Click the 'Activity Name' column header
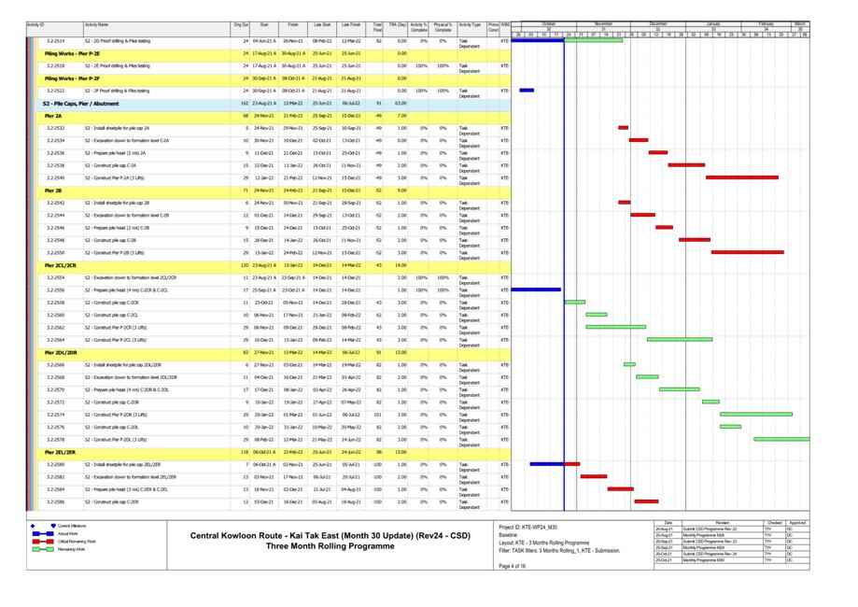coord(96,25)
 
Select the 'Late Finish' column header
coord(351,25)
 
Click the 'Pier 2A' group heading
coord(53,116)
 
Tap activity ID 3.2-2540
coord(55,177)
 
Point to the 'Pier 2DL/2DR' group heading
coord(61,352)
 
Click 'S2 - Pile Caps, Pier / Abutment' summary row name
coord(80,104)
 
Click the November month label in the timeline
coord(604,24)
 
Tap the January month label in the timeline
coord(713,24)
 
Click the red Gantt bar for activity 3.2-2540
coord(741,177)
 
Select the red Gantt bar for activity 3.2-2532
coord(623,128)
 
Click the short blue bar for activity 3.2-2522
coord(527,91)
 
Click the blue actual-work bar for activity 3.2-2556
coord(537,289)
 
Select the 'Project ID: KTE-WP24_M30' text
coord(527,527)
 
